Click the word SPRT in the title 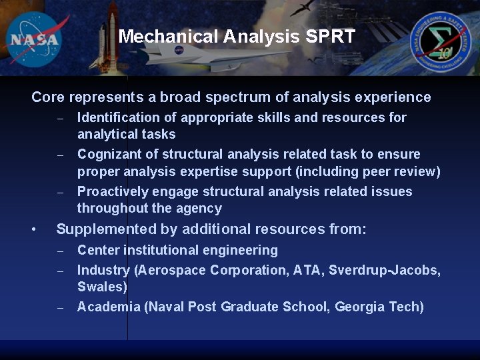pyautogui.click(x=331, y=37)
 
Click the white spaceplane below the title pyautogui.click(x=193, y=57)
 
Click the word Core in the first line pyautogui.click(x=47, y=97)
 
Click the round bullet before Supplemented pyautogui.click(x=33, y=230)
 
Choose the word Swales pyautogui.click(x=102, y=287)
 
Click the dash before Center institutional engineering pyautogui.click(x=60, y=251)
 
